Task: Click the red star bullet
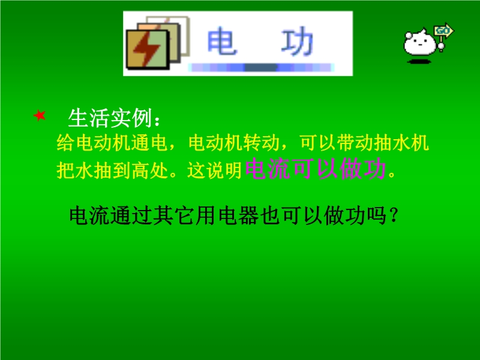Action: (40, 115)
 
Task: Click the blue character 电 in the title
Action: (222, 41)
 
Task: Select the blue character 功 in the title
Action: (297, 41)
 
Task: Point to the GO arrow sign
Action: (443, 31)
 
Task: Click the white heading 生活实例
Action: (110, 118)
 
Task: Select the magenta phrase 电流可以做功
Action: (316, 169)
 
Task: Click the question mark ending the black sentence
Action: (394, 215)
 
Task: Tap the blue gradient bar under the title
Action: (261, 67)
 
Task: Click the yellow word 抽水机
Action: (401, 143)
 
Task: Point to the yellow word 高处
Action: (150, 170)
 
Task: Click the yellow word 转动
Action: (262, 143)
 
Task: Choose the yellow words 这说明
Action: (215, 170)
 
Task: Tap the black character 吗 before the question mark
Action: (377, 215)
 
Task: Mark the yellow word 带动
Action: (355, 143)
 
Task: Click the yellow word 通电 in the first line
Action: (149, 143)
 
